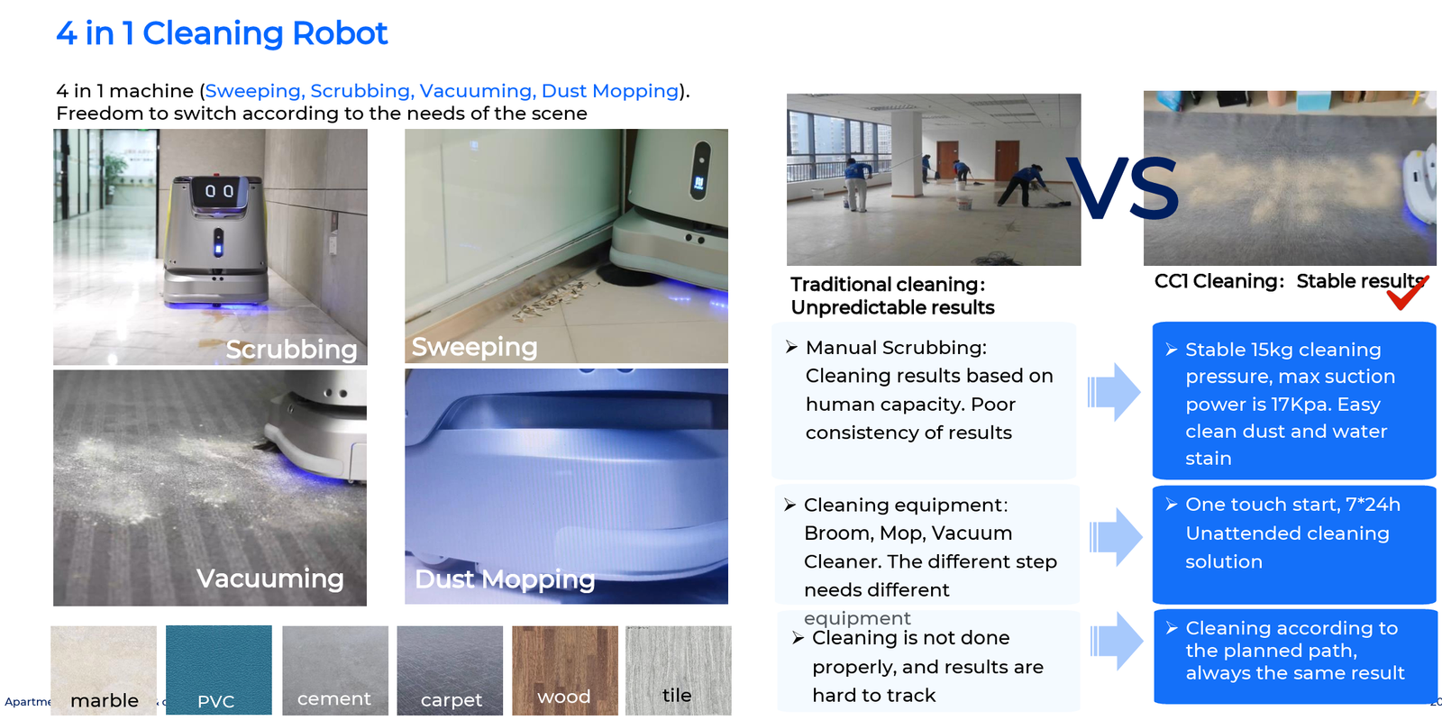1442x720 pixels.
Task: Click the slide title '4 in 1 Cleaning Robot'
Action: (222, 33)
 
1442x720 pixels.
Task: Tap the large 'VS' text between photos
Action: (1122, 188)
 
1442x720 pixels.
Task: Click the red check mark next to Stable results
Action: (1407, 292)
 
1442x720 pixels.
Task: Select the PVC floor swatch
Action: (218, 670)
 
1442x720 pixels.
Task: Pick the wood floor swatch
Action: (564, 670)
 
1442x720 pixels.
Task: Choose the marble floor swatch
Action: (104, 670)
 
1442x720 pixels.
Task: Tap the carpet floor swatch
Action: (450, 670)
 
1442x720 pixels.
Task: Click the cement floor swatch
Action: (334, 670)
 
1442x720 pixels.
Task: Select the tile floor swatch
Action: (678, 670)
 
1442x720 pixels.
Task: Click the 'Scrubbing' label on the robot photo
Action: (291, 350)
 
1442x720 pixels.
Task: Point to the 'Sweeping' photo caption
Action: (474, 347)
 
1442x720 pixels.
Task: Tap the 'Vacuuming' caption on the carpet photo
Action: (270, 579)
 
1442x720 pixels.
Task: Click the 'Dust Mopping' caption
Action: (505, 579)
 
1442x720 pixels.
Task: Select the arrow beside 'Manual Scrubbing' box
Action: (1114, 392)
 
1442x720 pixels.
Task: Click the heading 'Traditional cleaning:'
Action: (888, 285)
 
